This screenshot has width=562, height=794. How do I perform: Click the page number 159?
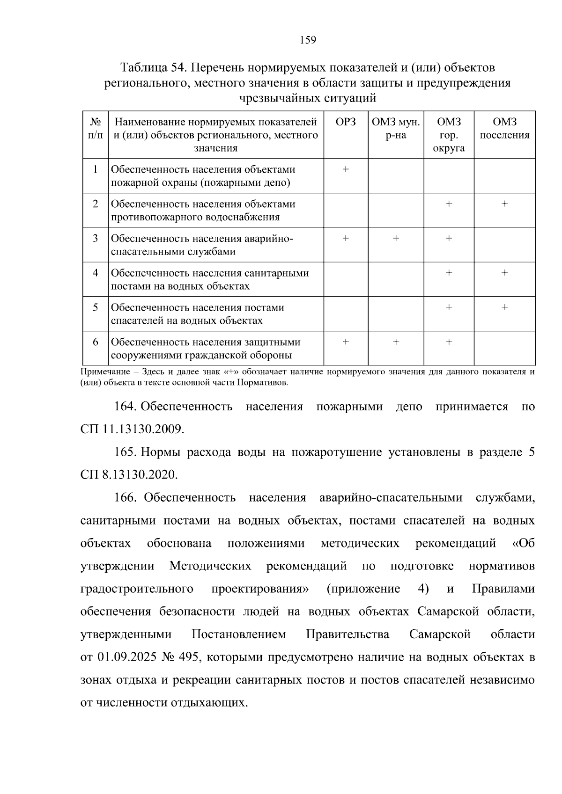[x=308, y=40]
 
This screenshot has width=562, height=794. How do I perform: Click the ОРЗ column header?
[x=346, y=122]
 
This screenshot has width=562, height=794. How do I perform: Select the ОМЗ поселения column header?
[x=504, y=129]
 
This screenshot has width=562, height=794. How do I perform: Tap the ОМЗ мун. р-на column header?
[x=396, y=129]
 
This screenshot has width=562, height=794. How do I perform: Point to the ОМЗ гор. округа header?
[x=449, y=135]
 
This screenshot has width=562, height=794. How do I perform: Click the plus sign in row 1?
[x=346, y=169]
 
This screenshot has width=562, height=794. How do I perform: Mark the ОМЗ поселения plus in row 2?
[x=504, y=204]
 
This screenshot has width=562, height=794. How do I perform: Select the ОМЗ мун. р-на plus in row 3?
[x=396, y=239]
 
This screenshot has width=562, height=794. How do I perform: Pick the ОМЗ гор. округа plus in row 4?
[x=449, y=273]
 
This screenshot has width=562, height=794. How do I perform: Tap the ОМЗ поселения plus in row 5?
[x=504, y=307]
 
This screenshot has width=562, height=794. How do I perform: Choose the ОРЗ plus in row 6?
[x=346, y=342]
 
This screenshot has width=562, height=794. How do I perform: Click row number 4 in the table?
[x=96, y=273]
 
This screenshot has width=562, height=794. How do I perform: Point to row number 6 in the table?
[x=96, y=342]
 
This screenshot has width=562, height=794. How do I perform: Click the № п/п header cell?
[x=96, y=129]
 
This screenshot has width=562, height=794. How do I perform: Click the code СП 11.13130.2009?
[x=132, y=429]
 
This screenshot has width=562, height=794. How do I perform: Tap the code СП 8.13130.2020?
[x=129, y=475]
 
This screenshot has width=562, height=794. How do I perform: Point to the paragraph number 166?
[x=125, y=497]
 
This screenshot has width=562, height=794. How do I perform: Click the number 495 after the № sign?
[x=188, y=657]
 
